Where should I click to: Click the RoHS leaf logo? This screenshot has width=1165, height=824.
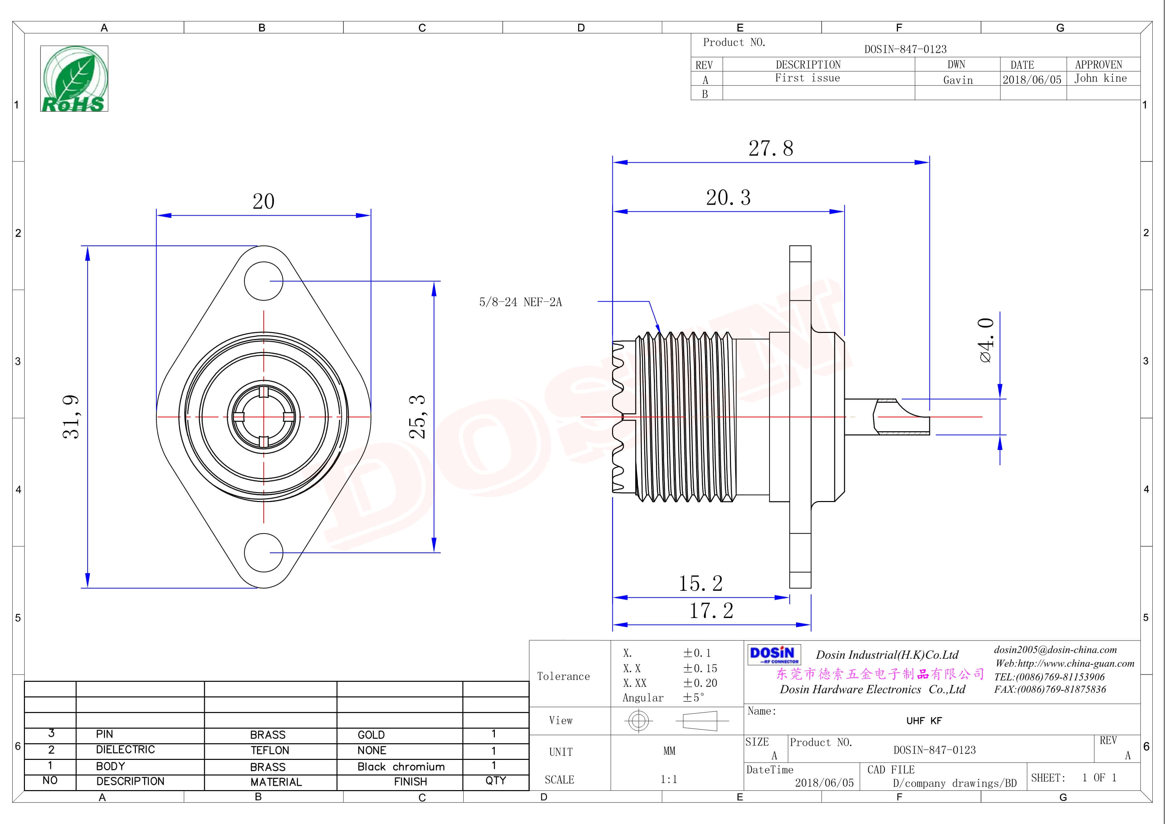[74, 79]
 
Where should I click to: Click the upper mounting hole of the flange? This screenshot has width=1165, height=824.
[263, 281]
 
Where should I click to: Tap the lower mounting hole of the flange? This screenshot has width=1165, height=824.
[263, 553]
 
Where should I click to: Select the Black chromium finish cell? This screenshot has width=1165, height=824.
[401, 767]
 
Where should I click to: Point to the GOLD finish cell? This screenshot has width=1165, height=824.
[371, 735]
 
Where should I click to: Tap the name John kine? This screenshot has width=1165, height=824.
[1100, 78]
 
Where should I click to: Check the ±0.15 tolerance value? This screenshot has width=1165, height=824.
[700, 669]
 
